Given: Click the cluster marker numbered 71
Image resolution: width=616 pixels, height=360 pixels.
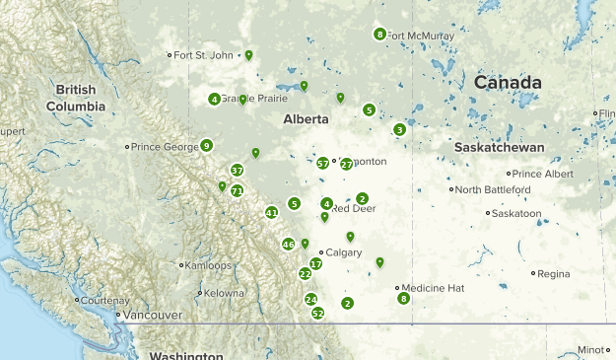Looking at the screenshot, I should tap(237, 190).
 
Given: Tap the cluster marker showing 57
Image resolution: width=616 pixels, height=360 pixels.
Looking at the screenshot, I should tap(323, 163).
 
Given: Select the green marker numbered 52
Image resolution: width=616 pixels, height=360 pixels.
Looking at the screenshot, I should tap(317, 313).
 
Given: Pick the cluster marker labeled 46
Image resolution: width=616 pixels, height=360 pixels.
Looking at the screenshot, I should tap(288, 244).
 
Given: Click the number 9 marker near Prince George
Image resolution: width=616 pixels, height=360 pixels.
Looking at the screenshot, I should tap(206, 146).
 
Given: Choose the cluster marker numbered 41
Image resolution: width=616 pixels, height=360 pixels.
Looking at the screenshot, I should tap(272, 212).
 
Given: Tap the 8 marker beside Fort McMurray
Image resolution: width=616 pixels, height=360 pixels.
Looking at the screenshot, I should tap(379, 35).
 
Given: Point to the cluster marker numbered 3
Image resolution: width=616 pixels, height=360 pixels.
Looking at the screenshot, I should tap(399, 129).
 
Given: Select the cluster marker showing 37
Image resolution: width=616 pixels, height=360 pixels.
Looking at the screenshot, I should tap(237, 170).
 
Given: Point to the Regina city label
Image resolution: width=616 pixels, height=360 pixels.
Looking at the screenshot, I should tap(553, 273).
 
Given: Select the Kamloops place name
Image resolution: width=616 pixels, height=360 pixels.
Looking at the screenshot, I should tap(209, 265).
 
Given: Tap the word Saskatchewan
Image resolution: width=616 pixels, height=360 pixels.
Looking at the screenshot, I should tap(500, 147).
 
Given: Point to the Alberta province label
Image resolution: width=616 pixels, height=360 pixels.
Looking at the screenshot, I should tap(305, 119).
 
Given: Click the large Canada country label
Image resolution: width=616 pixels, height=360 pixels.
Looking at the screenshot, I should tap(508, 83).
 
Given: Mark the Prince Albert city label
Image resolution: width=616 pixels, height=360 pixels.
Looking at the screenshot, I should tap(542, 174).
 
